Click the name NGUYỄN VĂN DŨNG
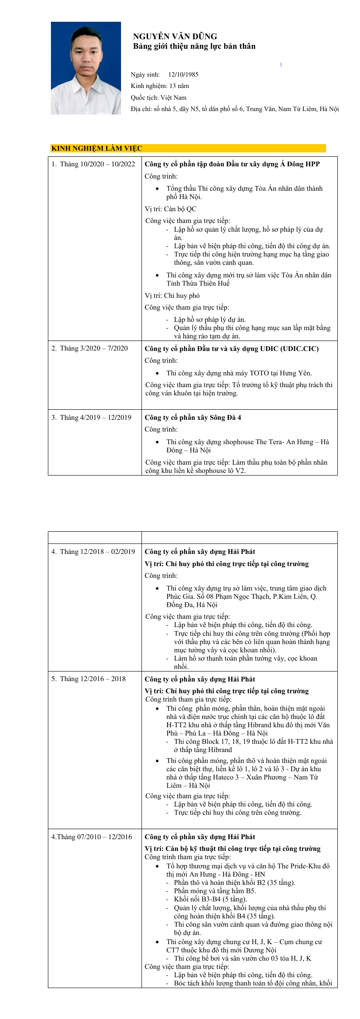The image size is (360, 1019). coord(175,37)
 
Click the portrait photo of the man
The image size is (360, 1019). coord(86,68)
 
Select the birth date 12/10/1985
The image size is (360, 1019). coord(183,74)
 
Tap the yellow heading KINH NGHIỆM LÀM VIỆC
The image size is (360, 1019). coord(97,148)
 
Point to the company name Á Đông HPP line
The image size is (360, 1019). coord(232,164)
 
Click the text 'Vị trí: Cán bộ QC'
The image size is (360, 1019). coord(171,209)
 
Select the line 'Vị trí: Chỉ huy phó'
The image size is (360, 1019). coord(172,296)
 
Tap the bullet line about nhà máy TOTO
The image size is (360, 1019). coord(239,373)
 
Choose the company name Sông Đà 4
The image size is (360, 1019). coord(193,418)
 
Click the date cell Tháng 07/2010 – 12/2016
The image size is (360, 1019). coord(91,837)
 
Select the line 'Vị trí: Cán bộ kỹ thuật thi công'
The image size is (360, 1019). coord(232,849)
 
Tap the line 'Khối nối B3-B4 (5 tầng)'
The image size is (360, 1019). coord(210,899)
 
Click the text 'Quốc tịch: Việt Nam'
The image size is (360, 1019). coord(158,98)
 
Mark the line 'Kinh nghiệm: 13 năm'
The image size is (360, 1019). coord(160,86)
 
